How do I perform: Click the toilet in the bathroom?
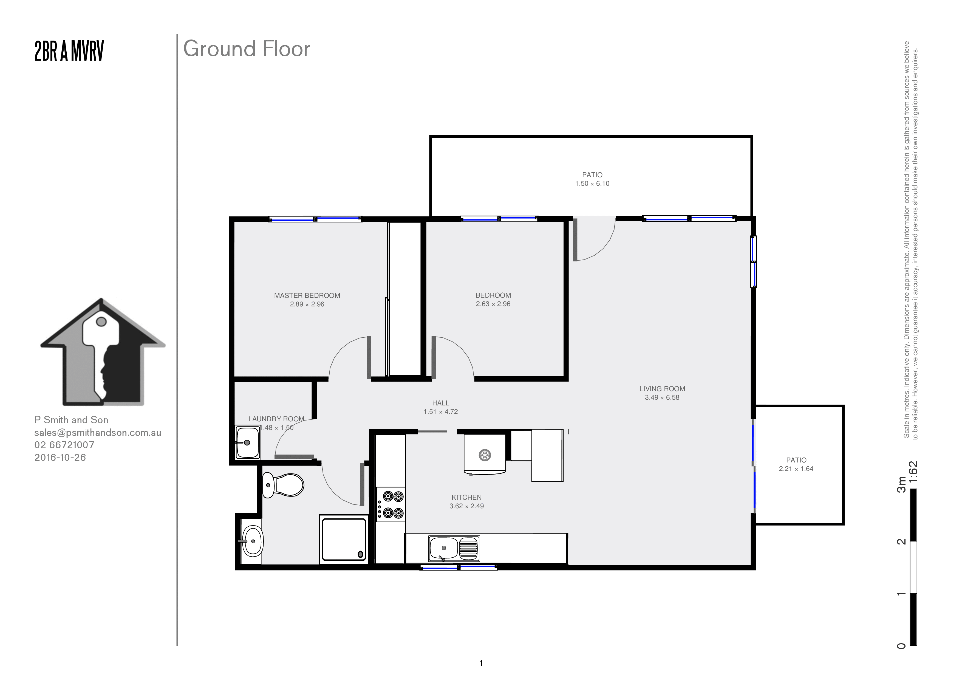pyautogui.click(x=283, y=485)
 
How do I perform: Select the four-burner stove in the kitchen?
pyautogui.click(x=391, y=504)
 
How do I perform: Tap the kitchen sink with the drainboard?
pyautogui.click(x=454, y=548)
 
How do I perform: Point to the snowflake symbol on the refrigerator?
pyautogui.click(x=485, y=455)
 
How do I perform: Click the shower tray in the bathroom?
pyautogui.click(x=343, y=540)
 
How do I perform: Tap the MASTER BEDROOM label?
pyautogui.click(x=307, y=295)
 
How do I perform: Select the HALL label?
pyautogui.click(x=440, y=403)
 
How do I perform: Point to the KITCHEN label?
pyautogui.click(x=466, y=497)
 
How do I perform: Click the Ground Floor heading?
pyautogui.click(x=247, y=49)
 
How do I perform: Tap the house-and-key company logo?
pyautogui.click(x=103, y=352)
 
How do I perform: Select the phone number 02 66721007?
pyautogui.click(x=64, y=445)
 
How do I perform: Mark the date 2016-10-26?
pyautogui.click(x=60, y=458)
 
